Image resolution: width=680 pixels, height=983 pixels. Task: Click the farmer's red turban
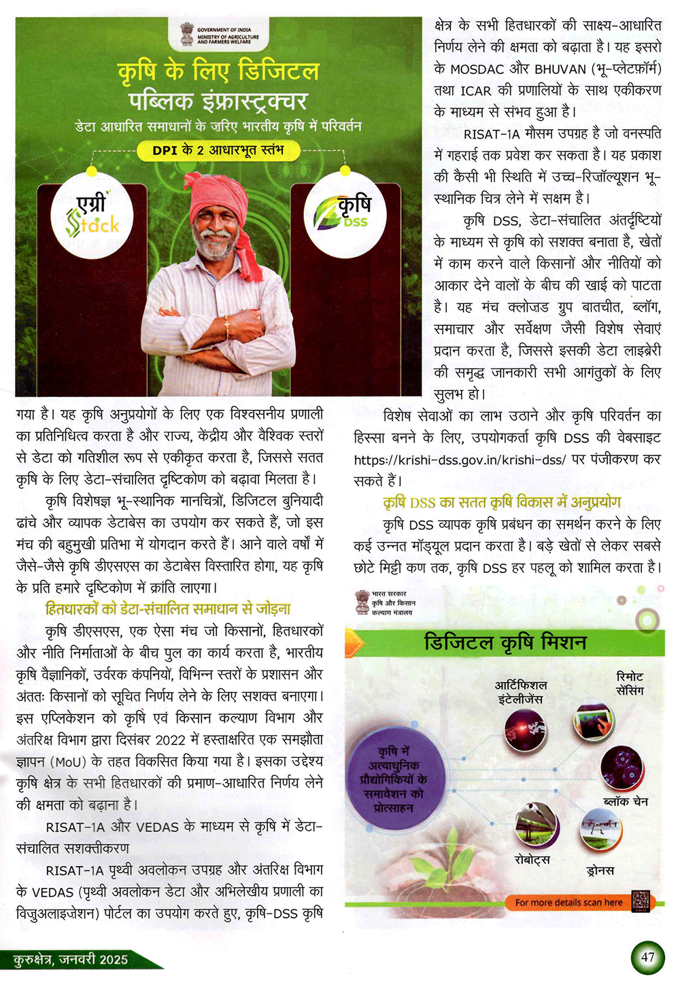click(216, 194)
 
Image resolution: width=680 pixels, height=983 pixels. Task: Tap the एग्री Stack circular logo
click(92, 215)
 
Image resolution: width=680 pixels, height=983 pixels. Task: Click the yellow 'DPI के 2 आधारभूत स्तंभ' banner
click(218, 150)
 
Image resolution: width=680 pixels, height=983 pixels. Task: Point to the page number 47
click(647, 957)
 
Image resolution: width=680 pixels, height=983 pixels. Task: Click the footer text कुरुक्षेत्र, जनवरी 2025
click(71, 959)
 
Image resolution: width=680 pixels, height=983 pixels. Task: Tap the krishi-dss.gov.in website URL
click(460, 460)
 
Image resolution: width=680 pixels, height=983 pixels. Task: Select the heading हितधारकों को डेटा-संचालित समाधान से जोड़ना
click(168, 608)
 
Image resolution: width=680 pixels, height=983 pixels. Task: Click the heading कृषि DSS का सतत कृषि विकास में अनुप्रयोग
click(502, 502)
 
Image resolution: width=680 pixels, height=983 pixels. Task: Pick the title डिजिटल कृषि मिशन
click(505, 642)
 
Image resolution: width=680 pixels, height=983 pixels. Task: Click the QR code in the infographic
click(640, 901)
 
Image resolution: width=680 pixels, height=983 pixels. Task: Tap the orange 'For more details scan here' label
click(568, 903)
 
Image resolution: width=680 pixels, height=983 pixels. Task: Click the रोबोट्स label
click(532, 860)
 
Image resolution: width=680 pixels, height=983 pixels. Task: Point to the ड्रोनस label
click(600, 870)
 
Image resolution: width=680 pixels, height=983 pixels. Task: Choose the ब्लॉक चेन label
click(626, 801)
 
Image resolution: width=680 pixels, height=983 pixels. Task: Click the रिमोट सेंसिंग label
click(630, 683)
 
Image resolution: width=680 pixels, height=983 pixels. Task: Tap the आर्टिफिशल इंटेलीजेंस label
click(521, 691)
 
